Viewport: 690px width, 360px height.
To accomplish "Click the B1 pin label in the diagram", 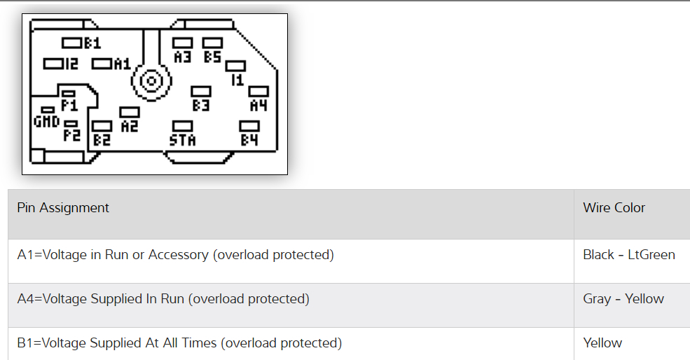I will pyautogui.click(x=92, y=43).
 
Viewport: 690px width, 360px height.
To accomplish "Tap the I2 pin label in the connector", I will pyautogui.click(x=70, y=64).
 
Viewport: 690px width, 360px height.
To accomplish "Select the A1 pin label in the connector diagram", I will pyautogui.click(x=122, y=64).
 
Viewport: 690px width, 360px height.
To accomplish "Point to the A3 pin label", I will pyautogui.click(x=183, y=57).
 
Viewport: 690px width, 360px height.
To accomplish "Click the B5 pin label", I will pyautogui.click(x=212, y=57).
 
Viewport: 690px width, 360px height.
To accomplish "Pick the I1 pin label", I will pyautogui.click(x=237, y=80).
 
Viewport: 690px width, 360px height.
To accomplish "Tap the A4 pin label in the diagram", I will pyautogui.click(x=258, y=105).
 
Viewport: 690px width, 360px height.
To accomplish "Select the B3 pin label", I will pyautogui.click(x=201, y=105).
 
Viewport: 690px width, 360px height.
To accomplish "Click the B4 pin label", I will pyautogui.click(x=249, y=139).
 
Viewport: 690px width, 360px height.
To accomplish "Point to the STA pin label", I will pyautogui.click(x=183, y=140).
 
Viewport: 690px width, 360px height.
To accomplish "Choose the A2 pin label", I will pyautogui.click(x=130, y=126).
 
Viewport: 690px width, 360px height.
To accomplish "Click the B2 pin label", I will pyautogui.click(x=102, y=139).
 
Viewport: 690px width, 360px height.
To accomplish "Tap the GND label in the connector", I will pyautogui.click(x=47, y=121).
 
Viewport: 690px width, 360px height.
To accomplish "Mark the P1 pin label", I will pyautogui.click(x=69, y=106).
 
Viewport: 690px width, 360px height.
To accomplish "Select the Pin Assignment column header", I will pyautogui.click(x=63, y=208).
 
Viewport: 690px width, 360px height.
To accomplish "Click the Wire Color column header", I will pyautogui.click(x=614, y=208).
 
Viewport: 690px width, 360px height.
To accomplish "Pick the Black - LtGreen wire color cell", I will pyautogui.click(x=628, y=255).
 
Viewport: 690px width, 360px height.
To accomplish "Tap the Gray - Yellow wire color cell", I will pyautogui.click(x=623, y=299).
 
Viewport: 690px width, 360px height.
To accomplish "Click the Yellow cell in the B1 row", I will pyautogui.click(x=602, y=343).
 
